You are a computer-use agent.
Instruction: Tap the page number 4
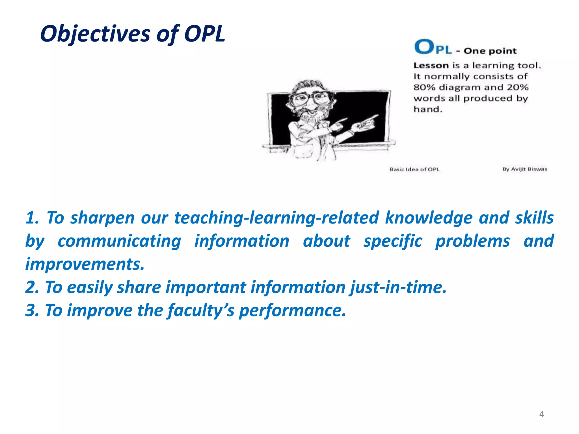pos(541,414)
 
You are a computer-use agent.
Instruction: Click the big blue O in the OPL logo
pos(424,47)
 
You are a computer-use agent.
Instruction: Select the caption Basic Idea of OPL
pos(414,169)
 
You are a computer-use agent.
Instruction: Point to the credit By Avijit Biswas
pos(525,169)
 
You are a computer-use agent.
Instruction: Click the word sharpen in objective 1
pos(102,218)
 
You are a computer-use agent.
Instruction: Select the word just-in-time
pos(398,287)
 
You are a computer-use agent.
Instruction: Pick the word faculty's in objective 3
pos(201,311)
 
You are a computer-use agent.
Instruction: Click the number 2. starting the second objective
pos(32,287)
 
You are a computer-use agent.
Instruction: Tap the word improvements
pos(85,264)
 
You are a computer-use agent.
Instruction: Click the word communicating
pos(119,241)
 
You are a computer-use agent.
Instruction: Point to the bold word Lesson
pos(431,66)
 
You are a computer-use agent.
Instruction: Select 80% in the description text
pos(424,87)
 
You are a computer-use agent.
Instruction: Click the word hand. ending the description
pos(428,109)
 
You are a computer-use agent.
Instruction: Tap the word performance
pos(292,311)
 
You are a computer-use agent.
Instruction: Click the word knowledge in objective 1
pos(429,218)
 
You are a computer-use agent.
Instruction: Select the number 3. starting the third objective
pos(32,311)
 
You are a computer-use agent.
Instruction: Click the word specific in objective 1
pos(393,241)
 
